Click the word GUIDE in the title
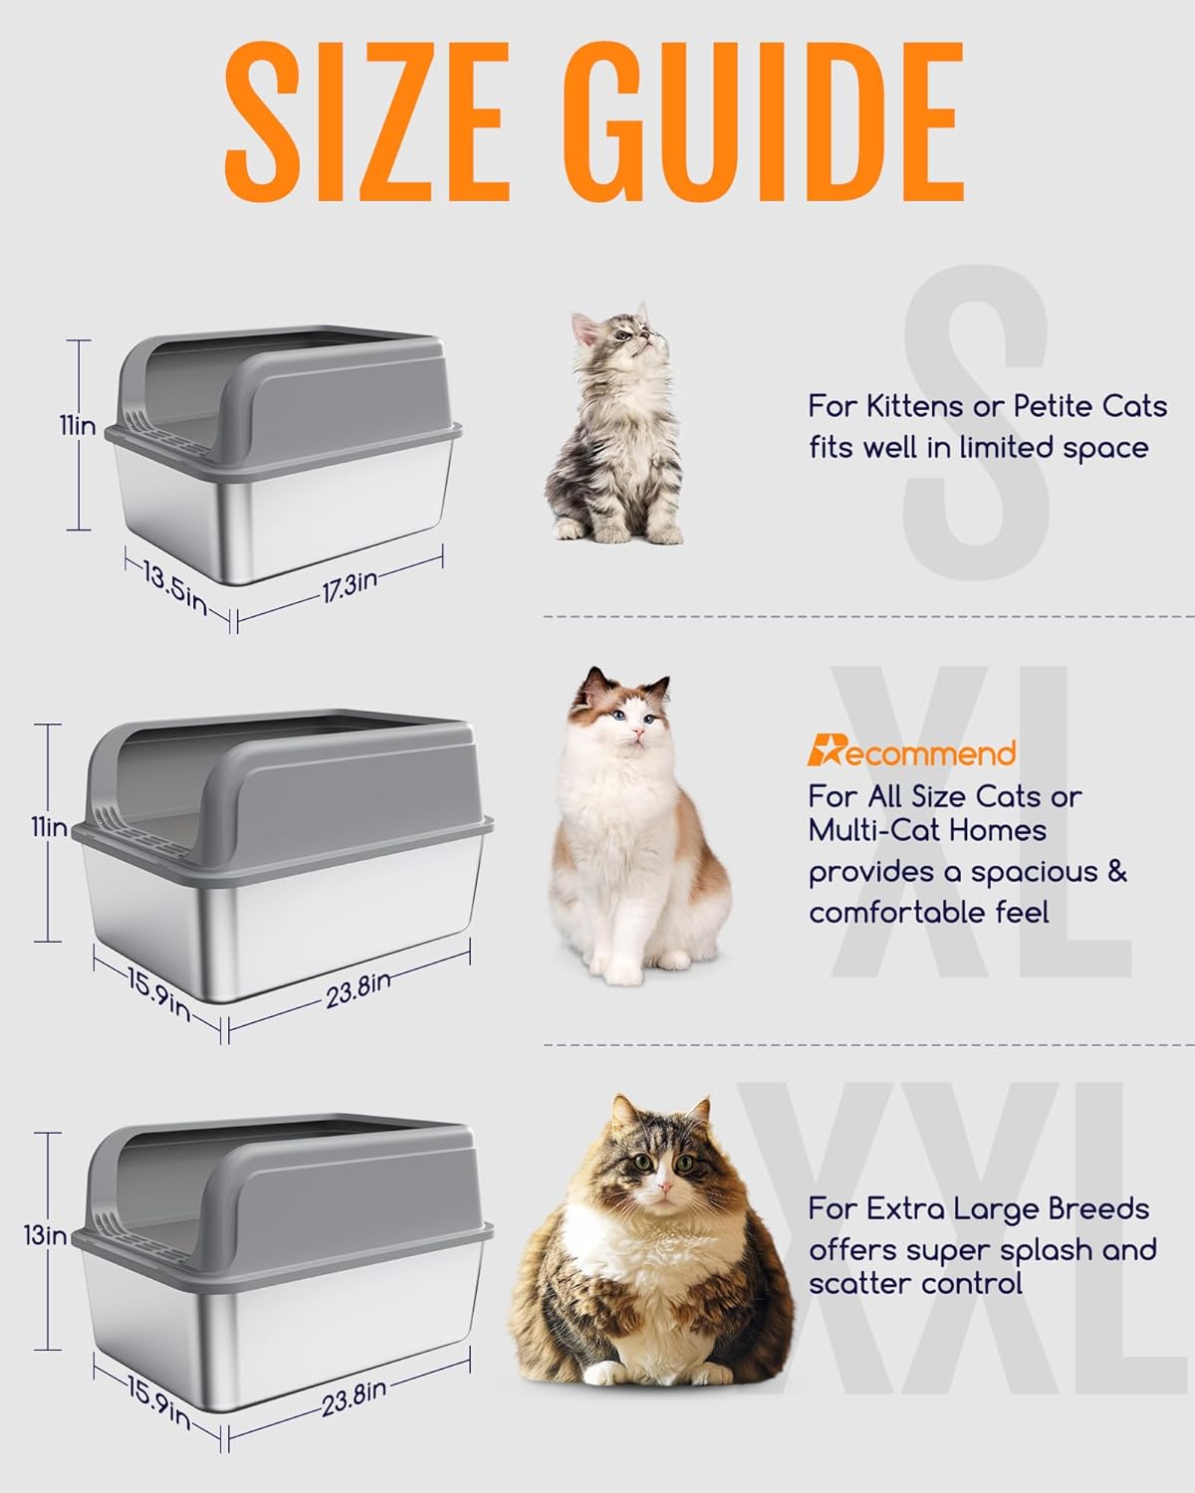coord(757,126)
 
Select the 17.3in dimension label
coord(349,586)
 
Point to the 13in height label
coord(46,1236)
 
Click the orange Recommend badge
coord(911,753)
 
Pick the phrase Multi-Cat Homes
coord(927,830)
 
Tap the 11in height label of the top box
coord(76,426)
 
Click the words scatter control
coord(915,1283)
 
